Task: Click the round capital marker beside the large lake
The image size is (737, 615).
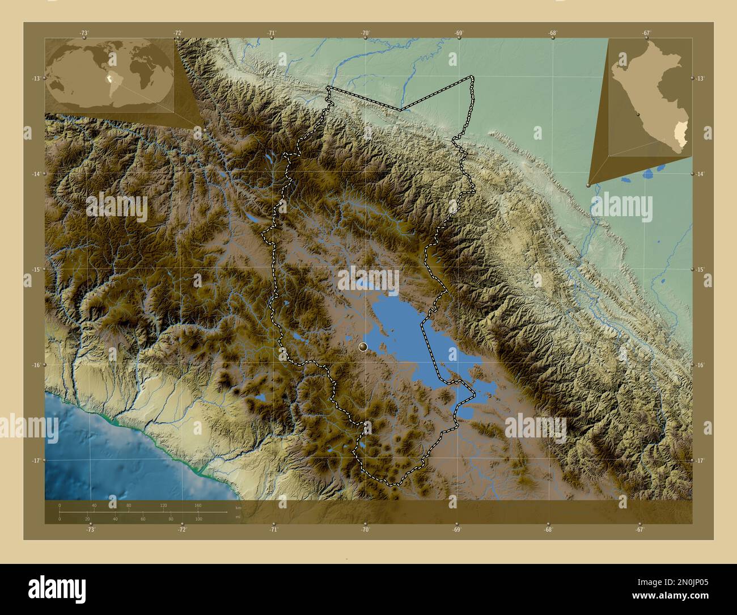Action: [363, 346]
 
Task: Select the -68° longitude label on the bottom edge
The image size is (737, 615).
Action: [548, 530]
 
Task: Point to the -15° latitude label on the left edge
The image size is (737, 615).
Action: [36, 269]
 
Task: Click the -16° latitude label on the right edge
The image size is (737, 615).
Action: [700, 365]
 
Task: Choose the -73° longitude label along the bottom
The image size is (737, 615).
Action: [90, 530]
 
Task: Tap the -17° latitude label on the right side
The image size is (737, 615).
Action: [700, 461]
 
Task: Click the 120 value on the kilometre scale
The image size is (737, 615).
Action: [163, 505]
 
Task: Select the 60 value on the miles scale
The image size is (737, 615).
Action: [143, 519]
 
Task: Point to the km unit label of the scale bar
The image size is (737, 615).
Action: [238, 508]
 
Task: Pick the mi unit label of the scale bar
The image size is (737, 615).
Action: [238, 517]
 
